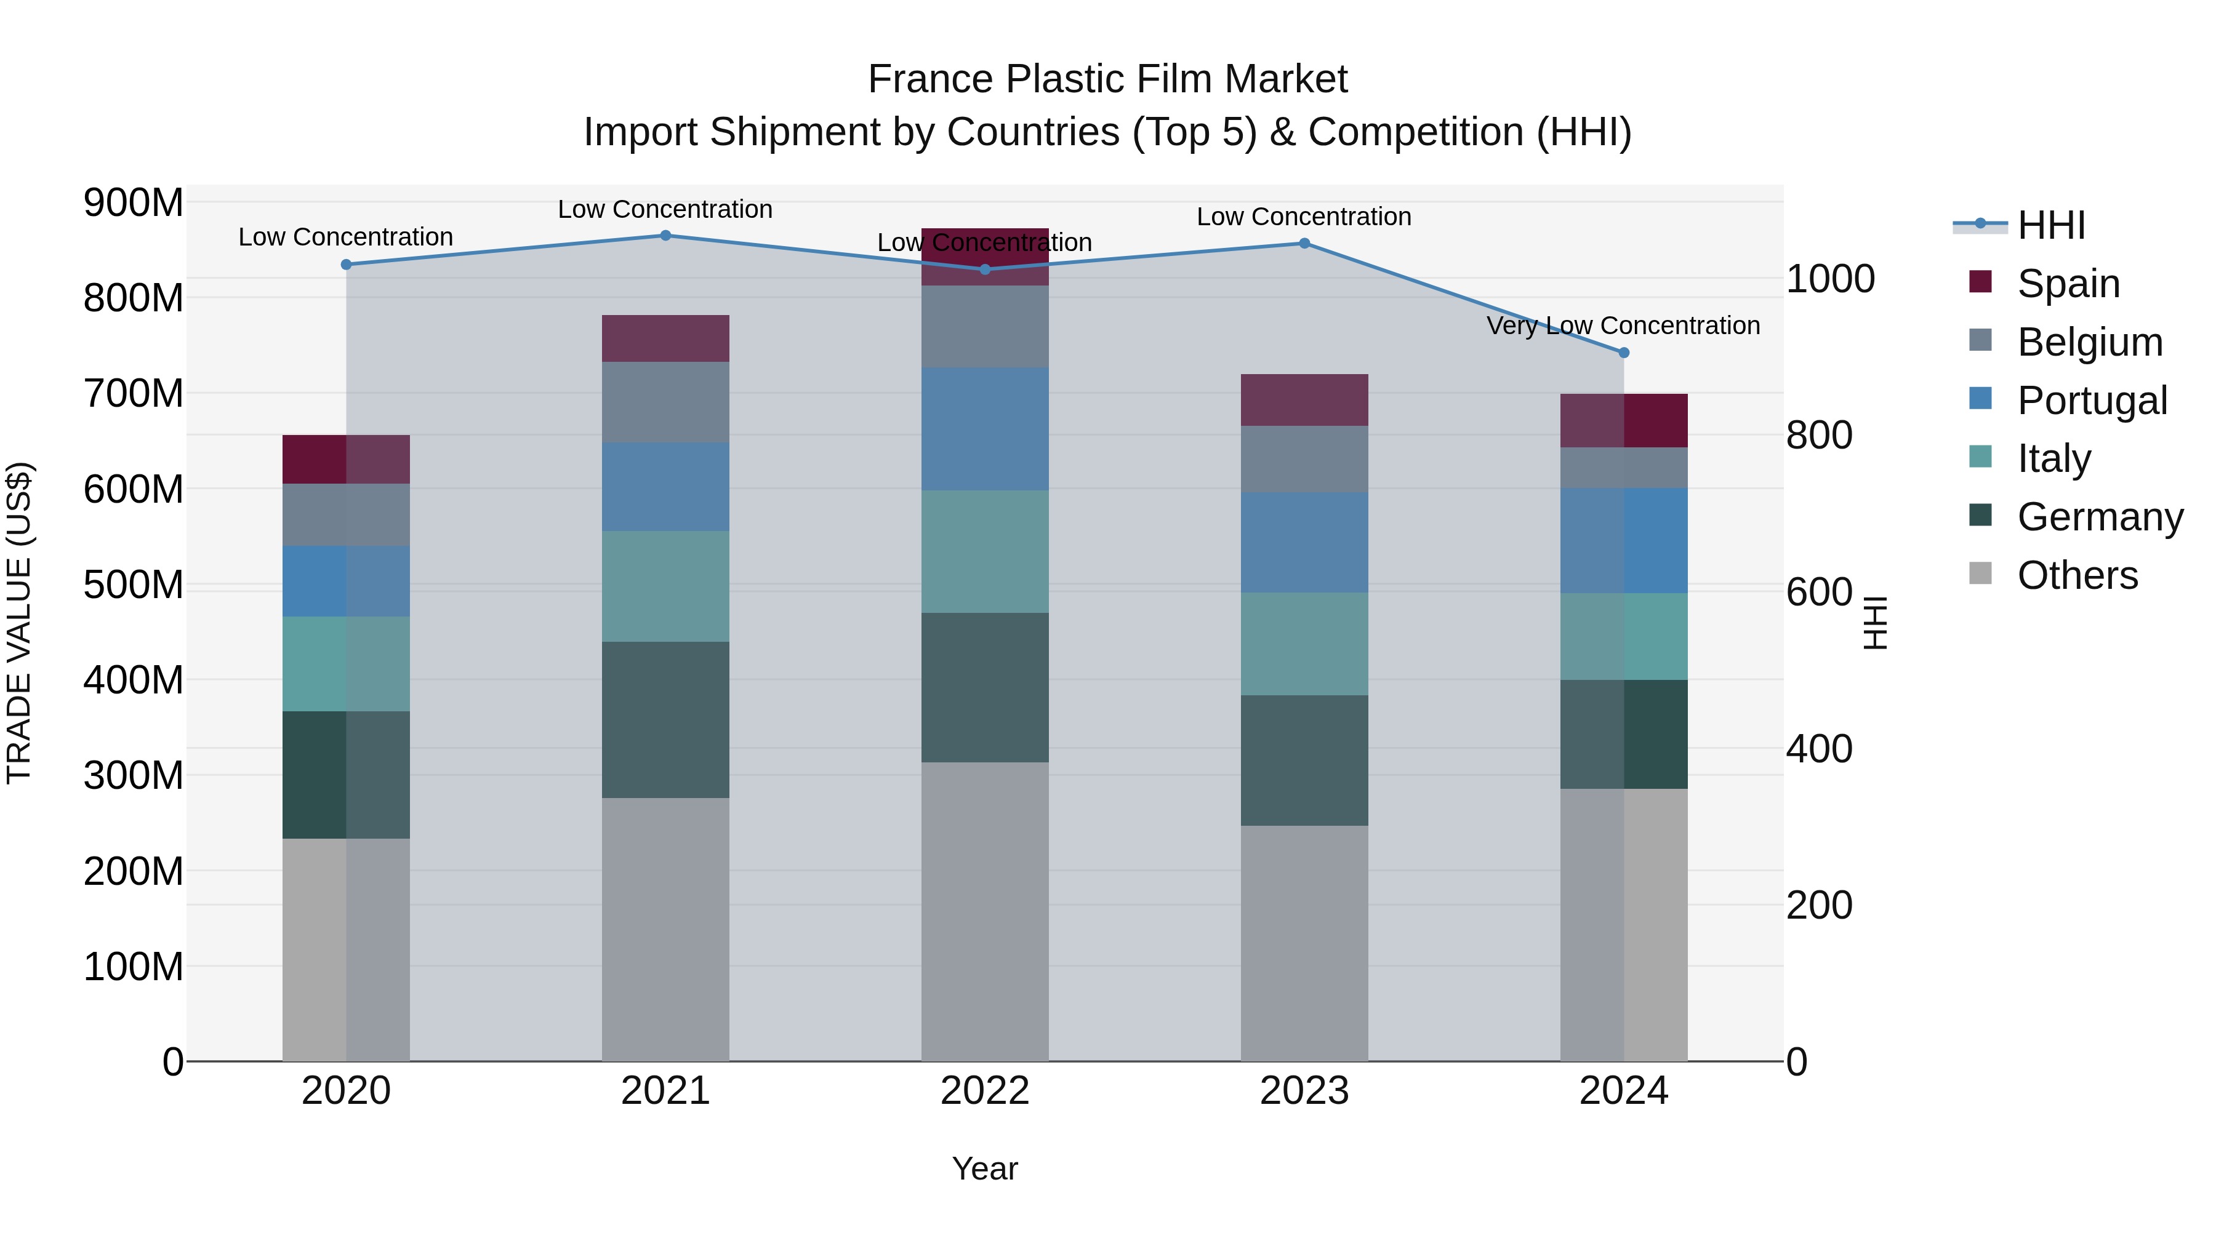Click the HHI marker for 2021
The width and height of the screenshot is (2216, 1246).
coord(665,236)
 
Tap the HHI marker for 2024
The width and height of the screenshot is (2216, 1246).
coord(1623,353)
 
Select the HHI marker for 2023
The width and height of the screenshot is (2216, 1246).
coord(1304,243)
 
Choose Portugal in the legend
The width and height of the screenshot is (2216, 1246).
coord(2091,401)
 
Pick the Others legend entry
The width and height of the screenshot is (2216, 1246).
coord(2077,575)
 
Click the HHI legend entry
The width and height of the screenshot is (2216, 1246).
coord(2051,225)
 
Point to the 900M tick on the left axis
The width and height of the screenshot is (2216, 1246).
coord(134,203)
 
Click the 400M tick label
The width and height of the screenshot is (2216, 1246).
coord(134,680)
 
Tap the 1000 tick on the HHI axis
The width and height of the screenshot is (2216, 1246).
coord(1831,279)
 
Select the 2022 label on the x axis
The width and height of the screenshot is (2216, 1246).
coord(985,1091)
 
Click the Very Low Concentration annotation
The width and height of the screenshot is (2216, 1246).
coord(1623,326)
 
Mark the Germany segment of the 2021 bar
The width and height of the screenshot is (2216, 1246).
coord(665,720)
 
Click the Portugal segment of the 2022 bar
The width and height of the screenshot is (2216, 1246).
coord(985,429)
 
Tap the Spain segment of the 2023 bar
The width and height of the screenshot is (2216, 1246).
coord(1304,400)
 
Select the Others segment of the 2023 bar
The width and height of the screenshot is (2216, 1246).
coord(1304,943)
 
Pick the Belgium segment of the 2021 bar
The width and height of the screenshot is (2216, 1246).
coord(665,402)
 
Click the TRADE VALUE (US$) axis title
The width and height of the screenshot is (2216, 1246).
coord(19,623)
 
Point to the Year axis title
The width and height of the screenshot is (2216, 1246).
coord(985,1168)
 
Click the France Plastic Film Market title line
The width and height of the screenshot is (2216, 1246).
coord(1107,79)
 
